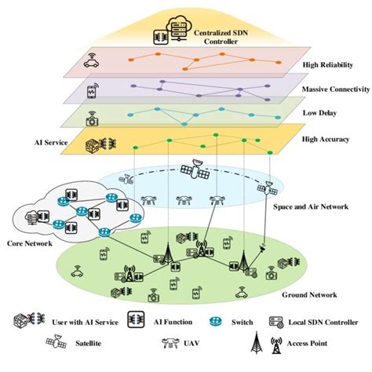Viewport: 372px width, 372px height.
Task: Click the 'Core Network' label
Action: tap(31, 243)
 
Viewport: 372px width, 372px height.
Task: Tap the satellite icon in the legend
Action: tap(57, 343)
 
